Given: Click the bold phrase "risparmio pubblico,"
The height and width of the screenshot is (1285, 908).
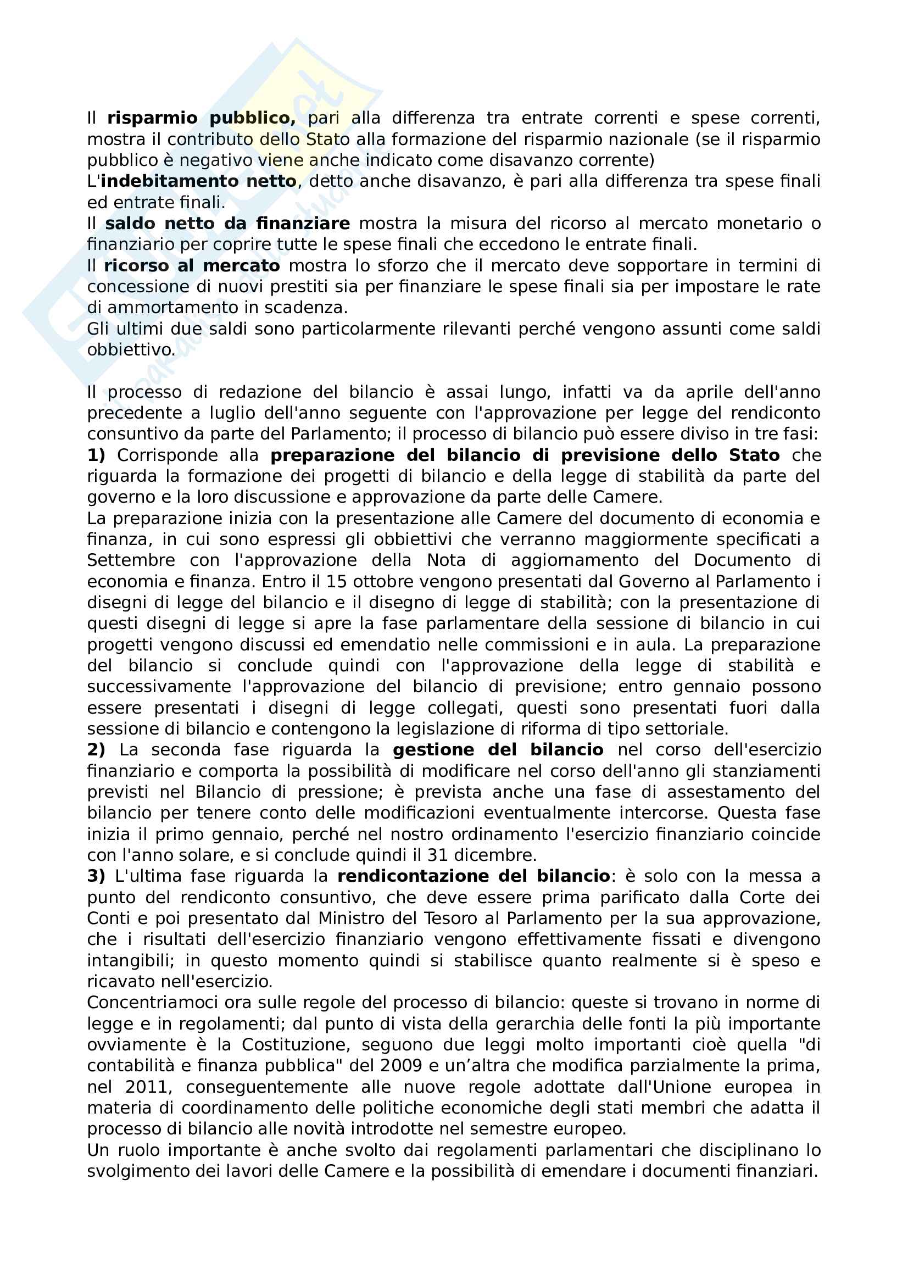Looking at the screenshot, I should pyautogui.click(x=201, y=118).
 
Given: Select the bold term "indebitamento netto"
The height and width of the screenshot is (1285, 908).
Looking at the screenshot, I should pyautogui.click(x=199, y=181).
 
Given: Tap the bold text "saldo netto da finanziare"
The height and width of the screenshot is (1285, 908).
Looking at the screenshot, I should pyautogui.click(x=227, y=223).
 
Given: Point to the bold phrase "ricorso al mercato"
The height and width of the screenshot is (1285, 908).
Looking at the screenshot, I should pyautogui.click(x=192, y=265).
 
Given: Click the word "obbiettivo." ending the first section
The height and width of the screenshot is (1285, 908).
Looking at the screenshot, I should pyautogui.click(x=131, y=350).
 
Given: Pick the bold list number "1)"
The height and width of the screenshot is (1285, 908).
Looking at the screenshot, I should pyautogui.click(x=96, y=455).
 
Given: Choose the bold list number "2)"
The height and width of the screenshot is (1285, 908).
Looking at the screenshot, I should pyautogui.click(x=96, y=749).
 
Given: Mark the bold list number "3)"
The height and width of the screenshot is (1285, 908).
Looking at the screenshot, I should pyautogui.click(x=96, y=876).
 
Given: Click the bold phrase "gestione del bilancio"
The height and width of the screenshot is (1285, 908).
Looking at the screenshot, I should pyautogui.click(x=498, y=749).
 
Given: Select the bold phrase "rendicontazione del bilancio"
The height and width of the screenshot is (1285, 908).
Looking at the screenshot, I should pyautogui.click(x=474, y=876).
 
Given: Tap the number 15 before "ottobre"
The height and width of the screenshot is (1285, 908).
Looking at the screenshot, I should pyautogui.click(x=337, y=581).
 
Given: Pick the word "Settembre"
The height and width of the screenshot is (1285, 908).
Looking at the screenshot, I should pyautogui.click(x=131, y=560).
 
